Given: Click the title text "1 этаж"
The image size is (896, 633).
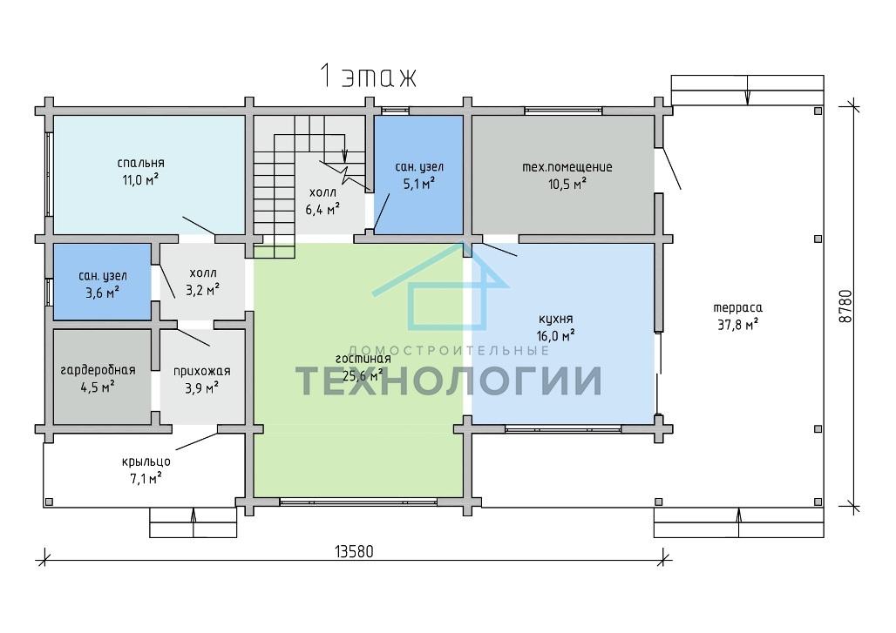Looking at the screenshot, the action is pos(368,76).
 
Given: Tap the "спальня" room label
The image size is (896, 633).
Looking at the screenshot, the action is pos(140,164).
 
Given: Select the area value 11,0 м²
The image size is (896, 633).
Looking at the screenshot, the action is pos(140,180).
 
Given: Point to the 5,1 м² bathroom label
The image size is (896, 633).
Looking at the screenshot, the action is pos(419,183).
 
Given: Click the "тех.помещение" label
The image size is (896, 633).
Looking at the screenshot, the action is pos(567,167).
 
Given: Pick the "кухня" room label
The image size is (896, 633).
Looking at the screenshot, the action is pos(555,319).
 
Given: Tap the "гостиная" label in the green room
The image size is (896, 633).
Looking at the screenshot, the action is pos(363,359).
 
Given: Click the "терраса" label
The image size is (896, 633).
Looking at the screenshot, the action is pos(737,308).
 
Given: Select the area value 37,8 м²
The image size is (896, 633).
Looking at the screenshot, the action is pos(737,325).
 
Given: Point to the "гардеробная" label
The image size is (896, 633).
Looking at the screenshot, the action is pos(98,370).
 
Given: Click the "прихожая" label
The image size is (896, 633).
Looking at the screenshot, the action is pos(201,372).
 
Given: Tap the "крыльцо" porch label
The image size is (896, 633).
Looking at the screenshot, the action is pos(146,461).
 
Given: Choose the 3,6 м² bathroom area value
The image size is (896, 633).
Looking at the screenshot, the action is pos(103,293).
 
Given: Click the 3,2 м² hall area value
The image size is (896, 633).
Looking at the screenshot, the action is pos(202,290).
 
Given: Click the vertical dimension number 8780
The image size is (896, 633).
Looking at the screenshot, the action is pos(845,306).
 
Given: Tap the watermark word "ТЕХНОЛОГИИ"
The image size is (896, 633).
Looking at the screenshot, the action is pos(449,380).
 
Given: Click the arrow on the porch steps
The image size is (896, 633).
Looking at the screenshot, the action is pos(193,522).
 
